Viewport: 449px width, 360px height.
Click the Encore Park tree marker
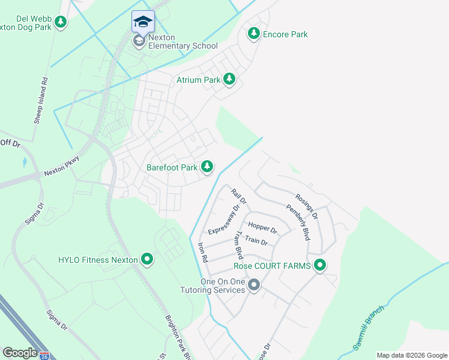tap(254, 34)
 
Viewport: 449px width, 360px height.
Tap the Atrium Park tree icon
tap(229, 79)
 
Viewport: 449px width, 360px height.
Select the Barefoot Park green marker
tap(207, 166)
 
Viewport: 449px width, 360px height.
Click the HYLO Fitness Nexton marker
tap(147, 260)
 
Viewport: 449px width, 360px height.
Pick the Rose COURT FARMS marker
tap(320, 265)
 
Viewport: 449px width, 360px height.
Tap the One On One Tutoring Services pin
tap(254, 284)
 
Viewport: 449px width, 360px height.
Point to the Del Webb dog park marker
tap(61, 22)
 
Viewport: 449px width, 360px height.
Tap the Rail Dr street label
tap(238, 196)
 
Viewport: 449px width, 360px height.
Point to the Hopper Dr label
tap(262, 230)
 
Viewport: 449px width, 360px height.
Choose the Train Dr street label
tap(256, 241)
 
